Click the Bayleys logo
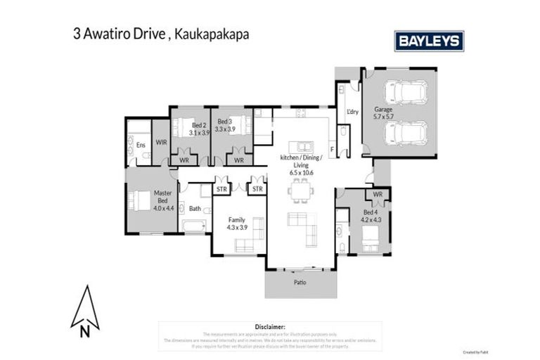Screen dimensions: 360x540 429,41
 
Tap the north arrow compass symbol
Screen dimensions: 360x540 85,309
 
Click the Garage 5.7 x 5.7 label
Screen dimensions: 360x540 383,112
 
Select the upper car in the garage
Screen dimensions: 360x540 407,91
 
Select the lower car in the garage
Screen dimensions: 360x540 407,132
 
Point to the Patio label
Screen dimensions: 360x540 300,283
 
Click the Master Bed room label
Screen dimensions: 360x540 162,200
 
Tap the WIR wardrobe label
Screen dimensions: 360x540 161,142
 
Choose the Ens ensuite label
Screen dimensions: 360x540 141,145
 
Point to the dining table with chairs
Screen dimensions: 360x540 300,188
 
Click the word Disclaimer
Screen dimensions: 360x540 270,326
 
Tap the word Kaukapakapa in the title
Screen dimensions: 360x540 208,33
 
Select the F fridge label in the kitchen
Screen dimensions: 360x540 332,149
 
